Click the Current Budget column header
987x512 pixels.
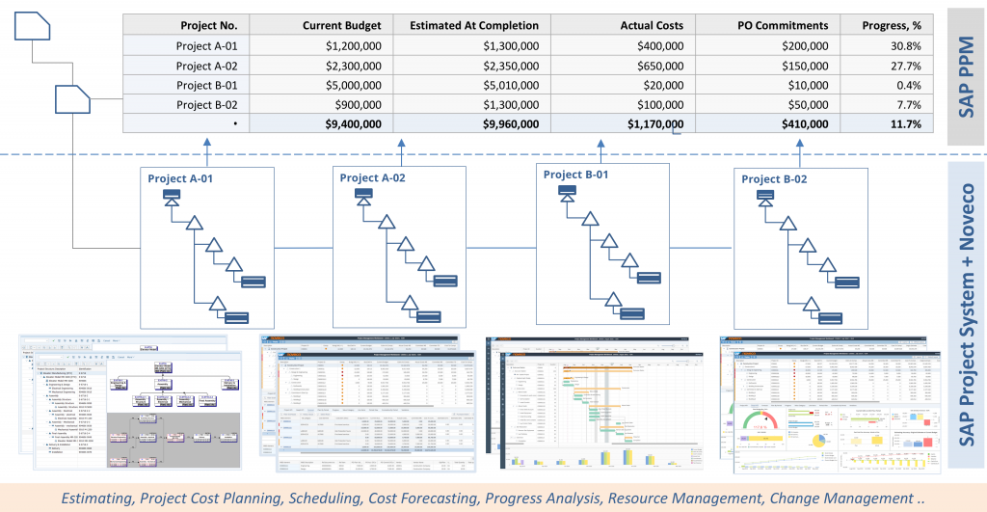click(341, 26)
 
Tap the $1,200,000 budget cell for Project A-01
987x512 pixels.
click(354, 45)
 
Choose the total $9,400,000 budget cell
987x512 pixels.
click(354, 123)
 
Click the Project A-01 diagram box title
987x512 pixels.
click(181, 178)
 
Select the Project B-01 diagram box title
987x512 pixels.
click(576, 175)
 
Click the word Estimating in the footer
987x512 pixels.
click(96, 498)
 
